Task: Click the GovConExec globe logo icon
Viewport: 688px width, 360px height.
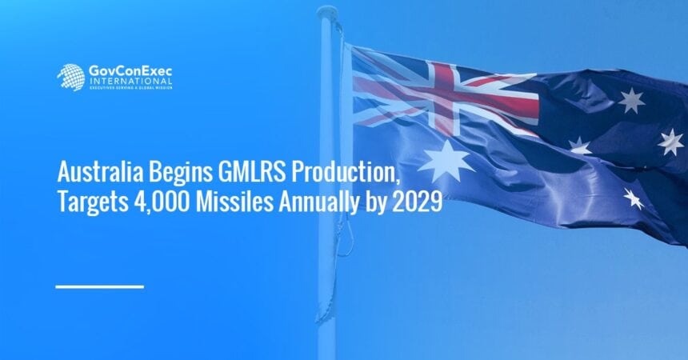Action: click(70, 77)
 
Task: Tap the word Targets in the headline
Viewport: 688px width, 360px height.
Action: click(90, 202)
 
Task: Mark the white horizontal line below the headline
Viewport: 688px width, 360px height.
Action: click(100, 286)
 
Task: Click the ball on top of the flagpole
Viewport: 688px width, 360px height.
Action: click(326, 14)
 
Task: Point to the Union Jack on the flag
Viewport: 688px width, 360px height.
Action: click(444, 94)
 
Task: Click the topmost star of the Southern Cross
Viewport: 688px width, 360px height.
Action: click(631, 100)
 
